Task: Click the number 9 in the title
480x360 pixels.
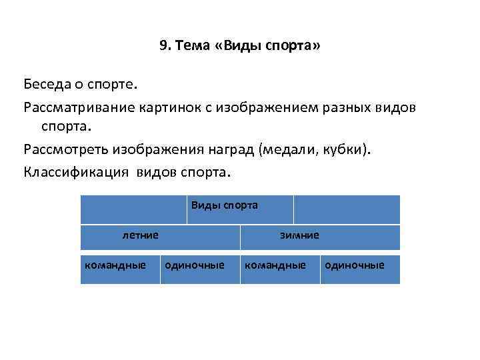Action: (x=163, y=46)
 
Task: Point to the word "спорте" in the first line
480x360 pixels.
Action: (x=113, y=85)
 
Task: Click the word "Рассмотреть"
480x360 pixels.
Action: (x=65, y=150)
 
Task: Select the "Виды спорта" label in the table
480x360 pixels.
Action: (x=224, y=205)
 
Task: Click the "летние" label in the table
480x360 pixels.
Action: (x=139, y=235)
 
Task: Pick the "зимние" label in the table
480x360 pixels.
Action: (x=299, y=235)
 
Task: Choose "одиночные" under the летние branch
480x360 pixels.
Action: (x=195, y=265)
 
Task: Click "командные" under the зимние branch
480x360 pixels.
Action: (x=275, y=265)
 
